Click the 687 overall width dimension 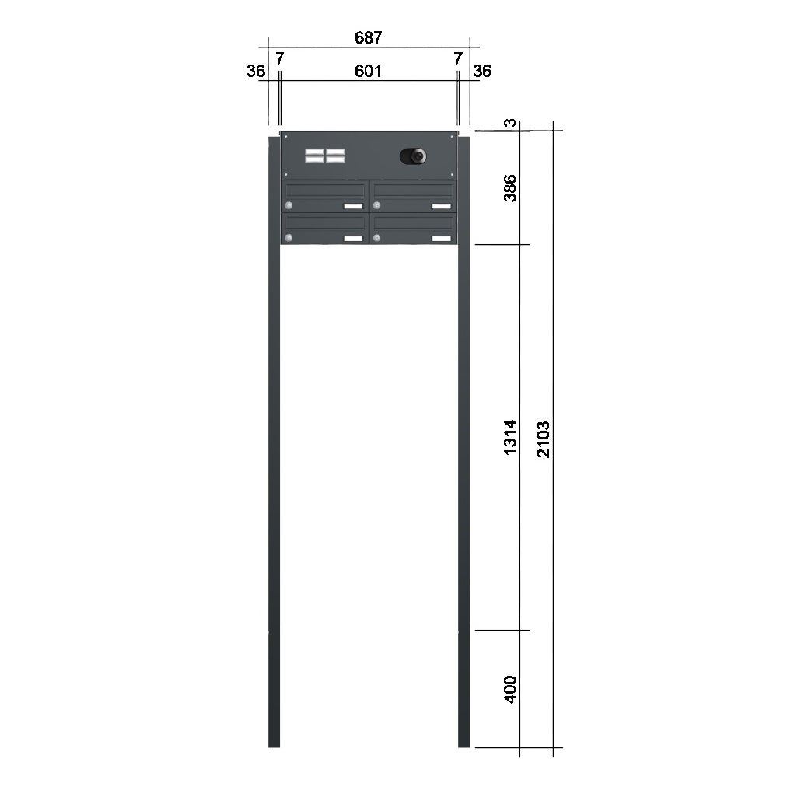pos(369,37)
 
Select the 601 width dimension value pos(369,72)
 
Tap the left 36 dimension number pos(256,72)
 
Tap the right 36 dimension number pos(482,72)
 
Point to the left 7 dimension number pos(279,59)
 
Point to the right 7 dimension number pos(458,59)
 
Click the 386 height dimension pos(510,188)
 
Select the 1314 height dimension pos(510,438)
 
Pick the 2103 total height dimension pos(544,439)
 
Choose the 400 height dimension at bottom pos(510,690)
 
